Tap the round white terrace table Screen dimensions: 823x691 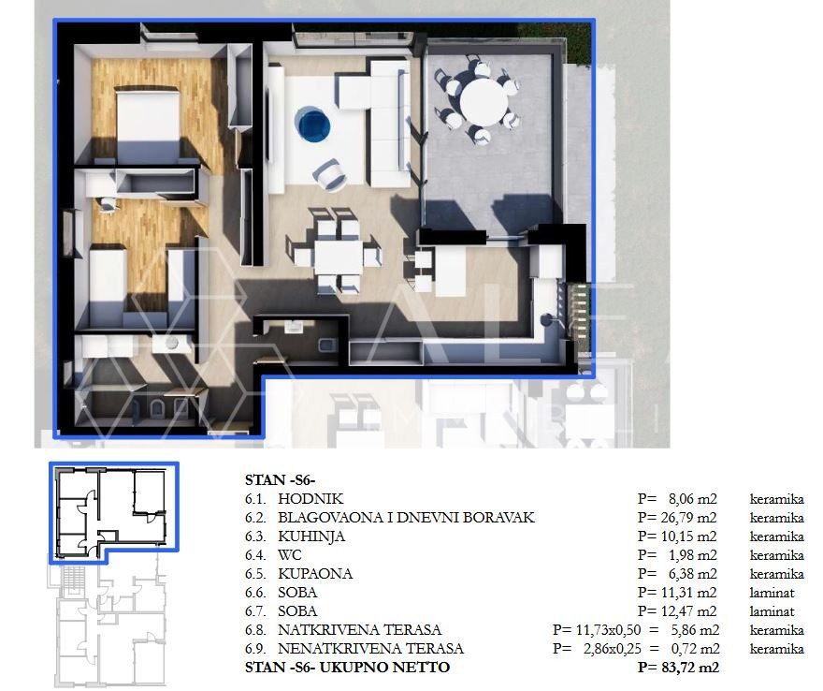(x=484, y=102)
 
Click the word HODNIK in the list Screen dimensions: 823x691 (x=310, y=499)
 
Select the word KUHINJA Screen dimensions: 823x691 (x=311, y=537)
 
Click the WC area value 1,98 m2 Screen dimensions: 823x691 (x=692, y=555)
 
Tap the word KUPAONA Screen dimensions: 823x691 (x=315, y=574)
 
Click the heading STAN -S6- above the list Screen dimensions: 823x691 (x=280, y=479)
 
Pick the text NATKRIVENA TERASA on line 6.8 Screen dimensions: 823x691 (x=359, y=630)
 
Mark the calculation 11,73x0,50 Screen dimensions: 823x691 (x=608, y=630)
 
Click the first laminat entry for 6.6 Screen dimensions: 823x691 (x=772, y=593)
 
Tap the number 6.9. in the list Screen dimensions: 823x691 (x=255, y=649)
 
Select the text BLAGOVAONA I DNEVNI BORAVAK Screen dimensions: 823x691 (x=406, y=518)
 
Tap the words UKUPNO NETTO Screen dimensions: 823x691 (x=384, y=668)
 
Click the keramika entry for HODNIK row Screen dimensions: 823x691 (x=777, y=499)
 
